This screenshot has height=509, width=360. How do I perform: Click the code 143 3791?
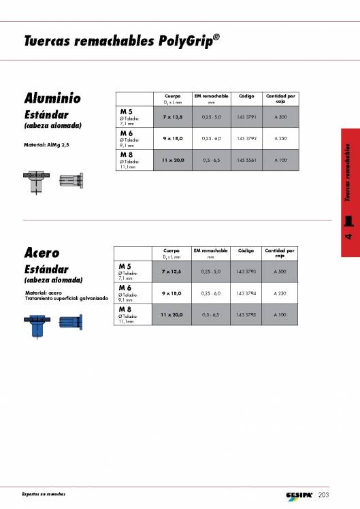point(246,118)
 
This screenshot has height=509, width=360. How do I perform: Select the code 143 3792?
point(246,138)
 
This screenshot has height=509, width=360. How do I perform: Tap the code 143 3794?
point(246,293)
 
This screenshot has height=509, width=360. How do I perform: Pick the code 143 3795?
point(246,315)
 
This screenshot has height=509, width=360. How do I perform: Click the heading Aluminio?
point(52,97)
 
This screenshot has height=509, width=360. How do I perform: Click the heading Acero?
point(42,253)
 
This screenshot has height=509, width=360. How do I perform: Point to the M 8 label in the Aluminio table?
point(127,155)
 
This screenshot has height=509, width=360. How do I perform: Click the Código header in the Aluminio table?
point(246,97)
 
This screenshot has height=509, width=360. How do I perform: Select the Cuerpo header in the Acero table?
point(172,251)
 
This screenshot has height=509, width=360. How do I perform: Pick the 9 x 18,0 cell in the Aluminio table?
point(172,138)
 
